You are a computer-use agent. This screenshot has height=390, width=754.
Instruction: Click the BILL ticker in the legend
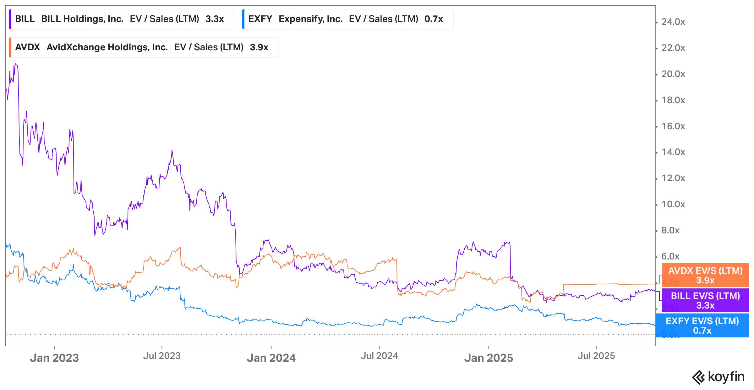pyautogui.click(x=25, y=19)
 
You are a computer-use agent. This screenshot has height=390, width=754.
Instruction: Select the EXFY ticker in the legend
pyautogui.click(x=260, y=19)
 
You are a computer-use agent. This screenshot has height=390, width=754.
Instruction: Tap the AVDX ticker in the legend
pyautogui.click(x=27, y=47)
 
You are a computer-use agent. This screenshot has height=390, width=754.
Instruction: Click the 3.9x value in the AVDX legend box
pyautogui.click(x=259, y=47)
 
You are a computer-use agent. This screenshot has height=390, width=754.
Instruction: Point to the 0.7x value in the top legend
pyautogui.click(x=434, y=19)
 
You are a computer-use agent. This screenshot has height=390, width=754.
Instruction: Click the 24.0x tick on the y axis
pyautogui.click(x=673, y=22)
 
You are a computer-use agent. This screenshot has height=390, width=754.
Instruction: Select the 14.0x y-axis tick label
pyautogui.click(x=673, y=152)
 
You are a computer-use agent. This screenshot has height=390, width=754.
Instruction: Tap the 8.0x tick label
pyautogui.click(x=670, y=231)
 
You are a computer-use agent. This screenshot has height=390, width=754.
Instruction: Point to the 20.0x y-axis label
pyautogui.click(x=673, y=74)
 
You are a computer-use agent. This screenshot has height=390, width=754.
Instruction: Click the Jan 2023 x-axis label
pyautogui.click(x=54, y=358)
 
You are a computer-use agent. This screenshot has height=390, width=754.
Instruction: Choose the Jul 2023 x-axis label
pyautogui.click(x=162, y=356)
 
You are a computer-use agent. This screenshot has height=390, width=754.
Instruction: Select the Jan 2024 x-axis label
pyautogui.click(x=271, y=358)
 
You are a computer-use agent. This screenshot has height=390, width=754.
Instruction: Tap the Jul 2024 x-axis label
pyautogui.click(x=379, y=356)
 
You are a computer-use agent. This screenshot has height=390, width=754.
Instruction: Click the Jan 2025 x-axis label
pyautogui.click(x=489, y=358)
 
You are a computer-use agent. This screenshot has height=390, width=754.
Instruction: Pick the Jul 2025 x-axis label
pyautogui.click(x=596, y=356)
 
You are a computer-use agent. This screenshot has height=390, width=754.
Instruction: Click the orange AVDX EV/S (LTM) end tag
pyautogui.click(x=705, y=275)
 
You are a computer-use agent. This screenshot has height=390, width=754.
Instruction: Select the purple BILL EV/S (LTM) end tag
pyautogui.click(x=705, y=300)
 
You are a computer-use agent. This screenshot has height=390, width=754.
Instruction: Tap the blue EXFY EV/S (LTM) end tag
pyautogui.click(x=702, y=326)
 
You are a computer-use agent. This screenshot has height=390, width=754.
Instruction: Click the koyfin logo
pyautogui.click(x=718, y=377)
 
